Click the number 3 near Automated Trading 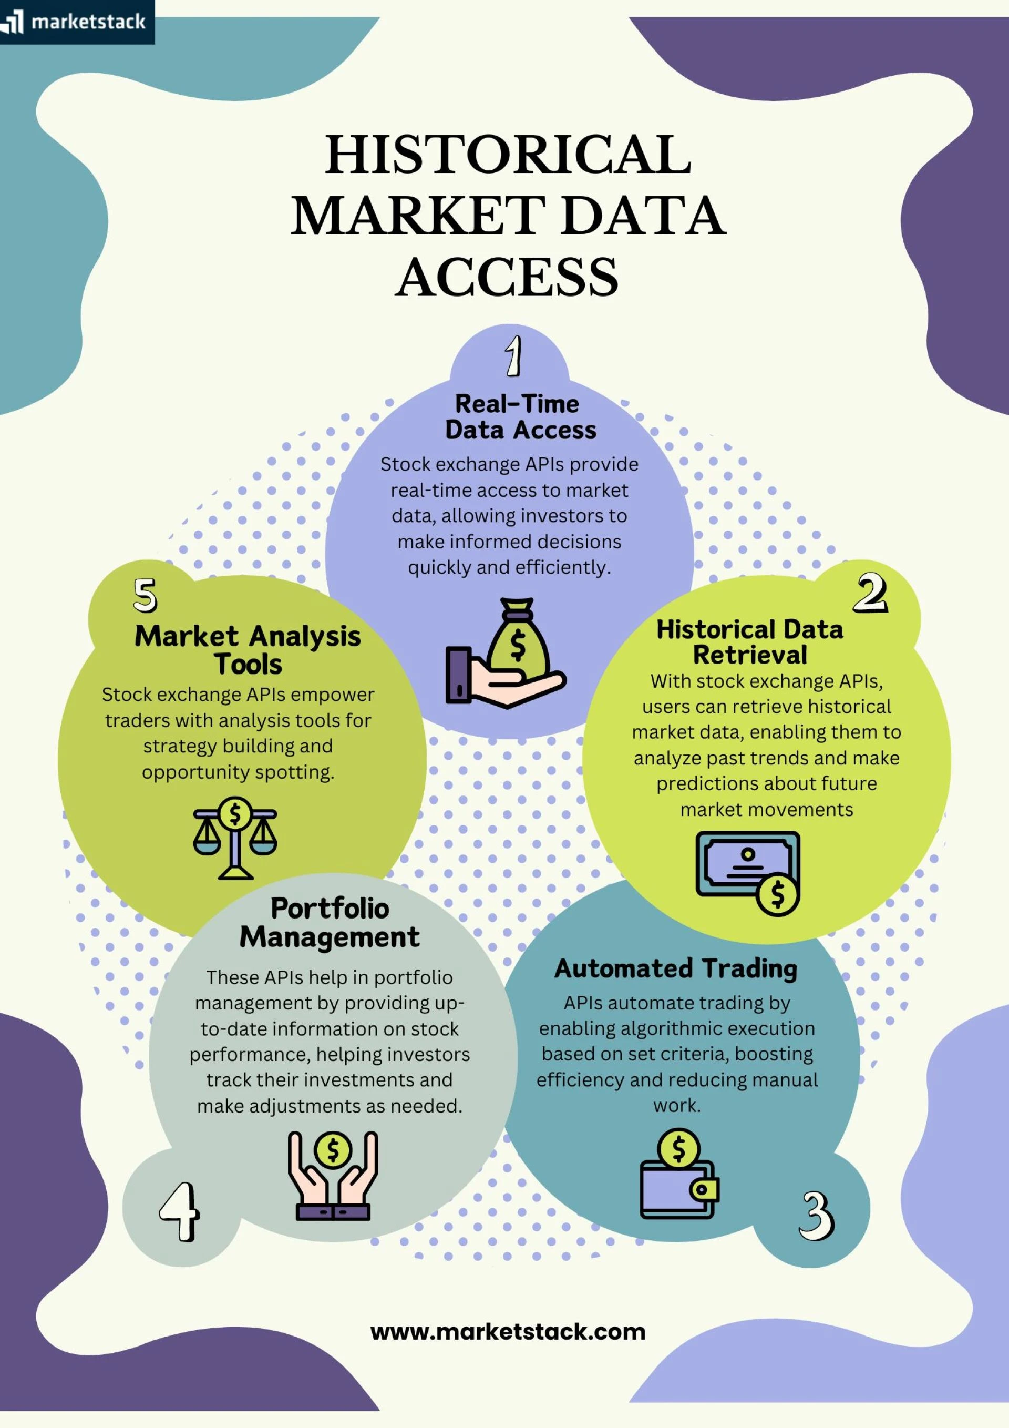(816, 1215)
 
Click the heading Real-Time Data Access (519, 417)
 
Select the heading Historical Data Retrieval (750, 642)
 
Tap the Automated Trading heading (676, 968)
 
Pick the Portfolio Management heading (330, 922)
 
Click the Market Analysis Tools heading (248, 650)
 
